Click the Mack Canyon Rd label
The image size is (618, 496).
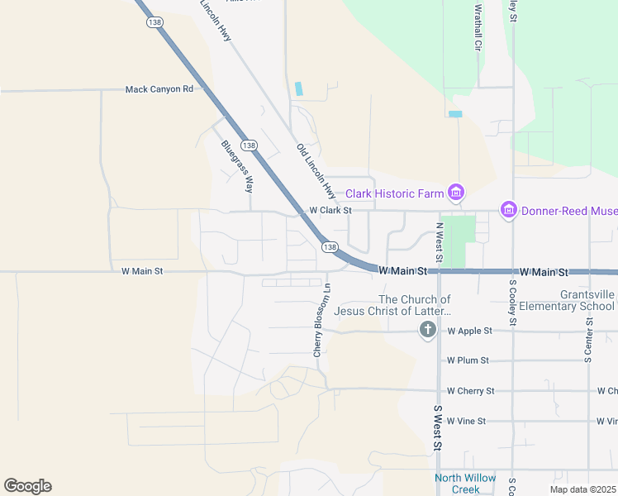(159, 89)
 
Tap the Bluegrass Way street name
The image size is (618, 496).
(236, 165)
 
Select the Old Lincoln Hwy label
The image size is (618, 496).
(316, 171)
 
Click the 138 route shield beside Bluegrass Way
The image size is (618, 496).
(250, 145)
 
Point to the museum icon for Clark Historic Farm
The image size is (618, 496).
(454, 193)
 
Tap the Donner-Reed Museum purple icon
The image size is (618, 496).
(508, 211)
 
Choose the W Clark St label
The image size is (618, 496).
(330, 211)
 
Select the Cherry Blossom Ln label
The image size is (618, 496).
(321, 320)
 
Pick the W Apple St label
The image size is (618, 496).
(469, 331)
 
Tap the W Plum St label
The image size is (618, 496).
(468, 360)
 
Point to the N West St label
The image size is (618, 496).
(440, 243)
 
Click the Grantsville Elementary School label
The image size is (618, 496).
(587, 300)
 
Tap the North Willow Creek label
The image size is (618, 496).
(466, 484)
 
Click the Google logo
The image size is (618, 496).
(27, 486)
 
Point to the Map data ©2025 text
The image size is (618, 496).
(582, 489)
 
